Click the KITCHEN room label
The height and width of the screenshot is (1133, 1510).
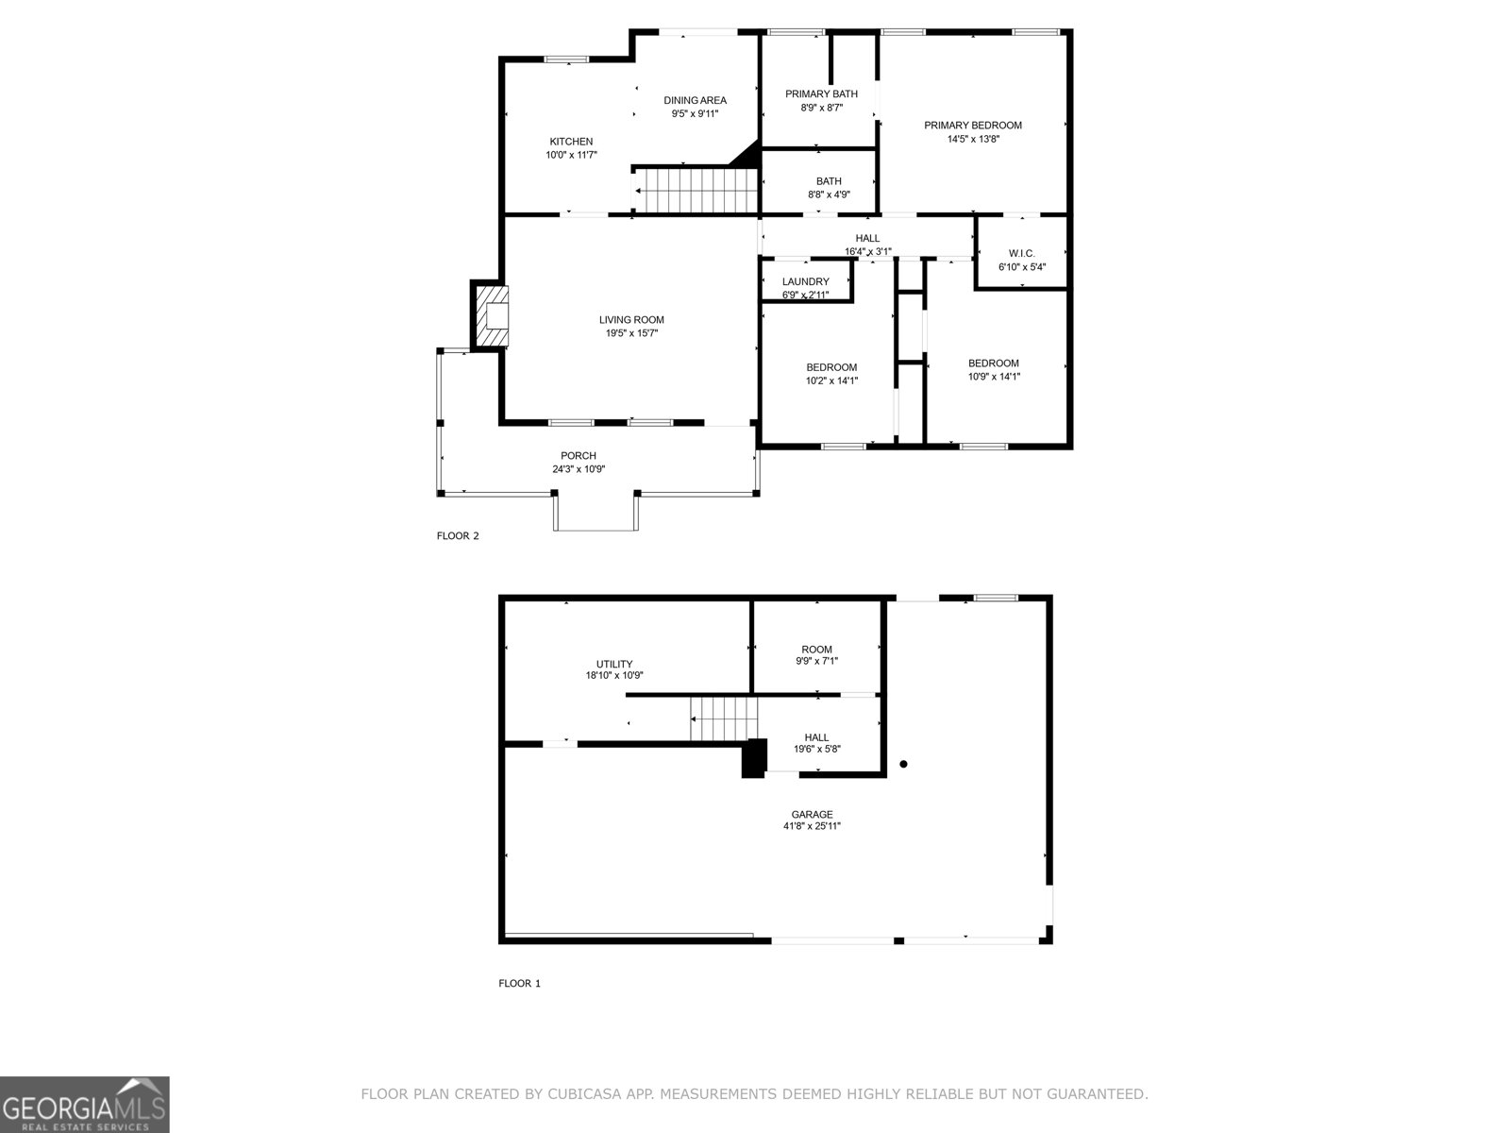(571, 142)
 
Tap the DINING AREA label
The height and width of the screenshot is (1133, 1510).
(695, 100)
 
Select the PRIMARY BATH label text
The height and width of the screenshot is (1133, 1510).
(821, 93)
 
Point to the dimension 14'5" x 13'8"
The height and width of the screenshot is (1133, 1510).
(972, 139)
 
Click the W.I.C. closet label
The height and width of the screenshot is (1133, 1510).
(1021, 253)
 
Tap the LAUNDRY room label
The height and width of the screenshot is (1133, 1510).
(805, 281)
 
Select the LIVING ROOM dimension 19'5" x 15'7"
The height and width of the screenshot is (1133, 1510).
(631, 333)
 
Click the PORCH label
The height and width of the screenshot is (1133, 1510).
(579, 456)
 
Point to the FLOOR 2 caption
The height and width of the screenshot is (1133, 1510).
(458, 536)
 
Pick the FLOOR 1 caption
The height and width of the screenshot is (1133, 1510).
(519, 984)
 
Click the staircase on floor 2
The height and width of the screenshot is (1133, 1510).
(696, 190)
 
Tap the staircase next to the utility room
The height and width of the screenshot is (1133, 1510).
(724, 719)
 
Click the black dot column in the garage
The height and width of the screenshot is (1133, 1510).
(903, 764)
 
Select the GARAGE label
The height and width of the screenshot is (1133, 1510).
(812, 814)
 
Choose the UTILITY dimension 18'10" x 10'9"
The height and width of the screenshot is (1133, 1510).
(614, 676)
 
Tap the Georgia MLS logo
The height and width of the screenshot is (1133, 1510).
(85, 1104)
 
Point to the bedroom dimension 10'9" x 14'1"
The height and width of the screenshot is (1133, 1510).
(993, 377)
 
